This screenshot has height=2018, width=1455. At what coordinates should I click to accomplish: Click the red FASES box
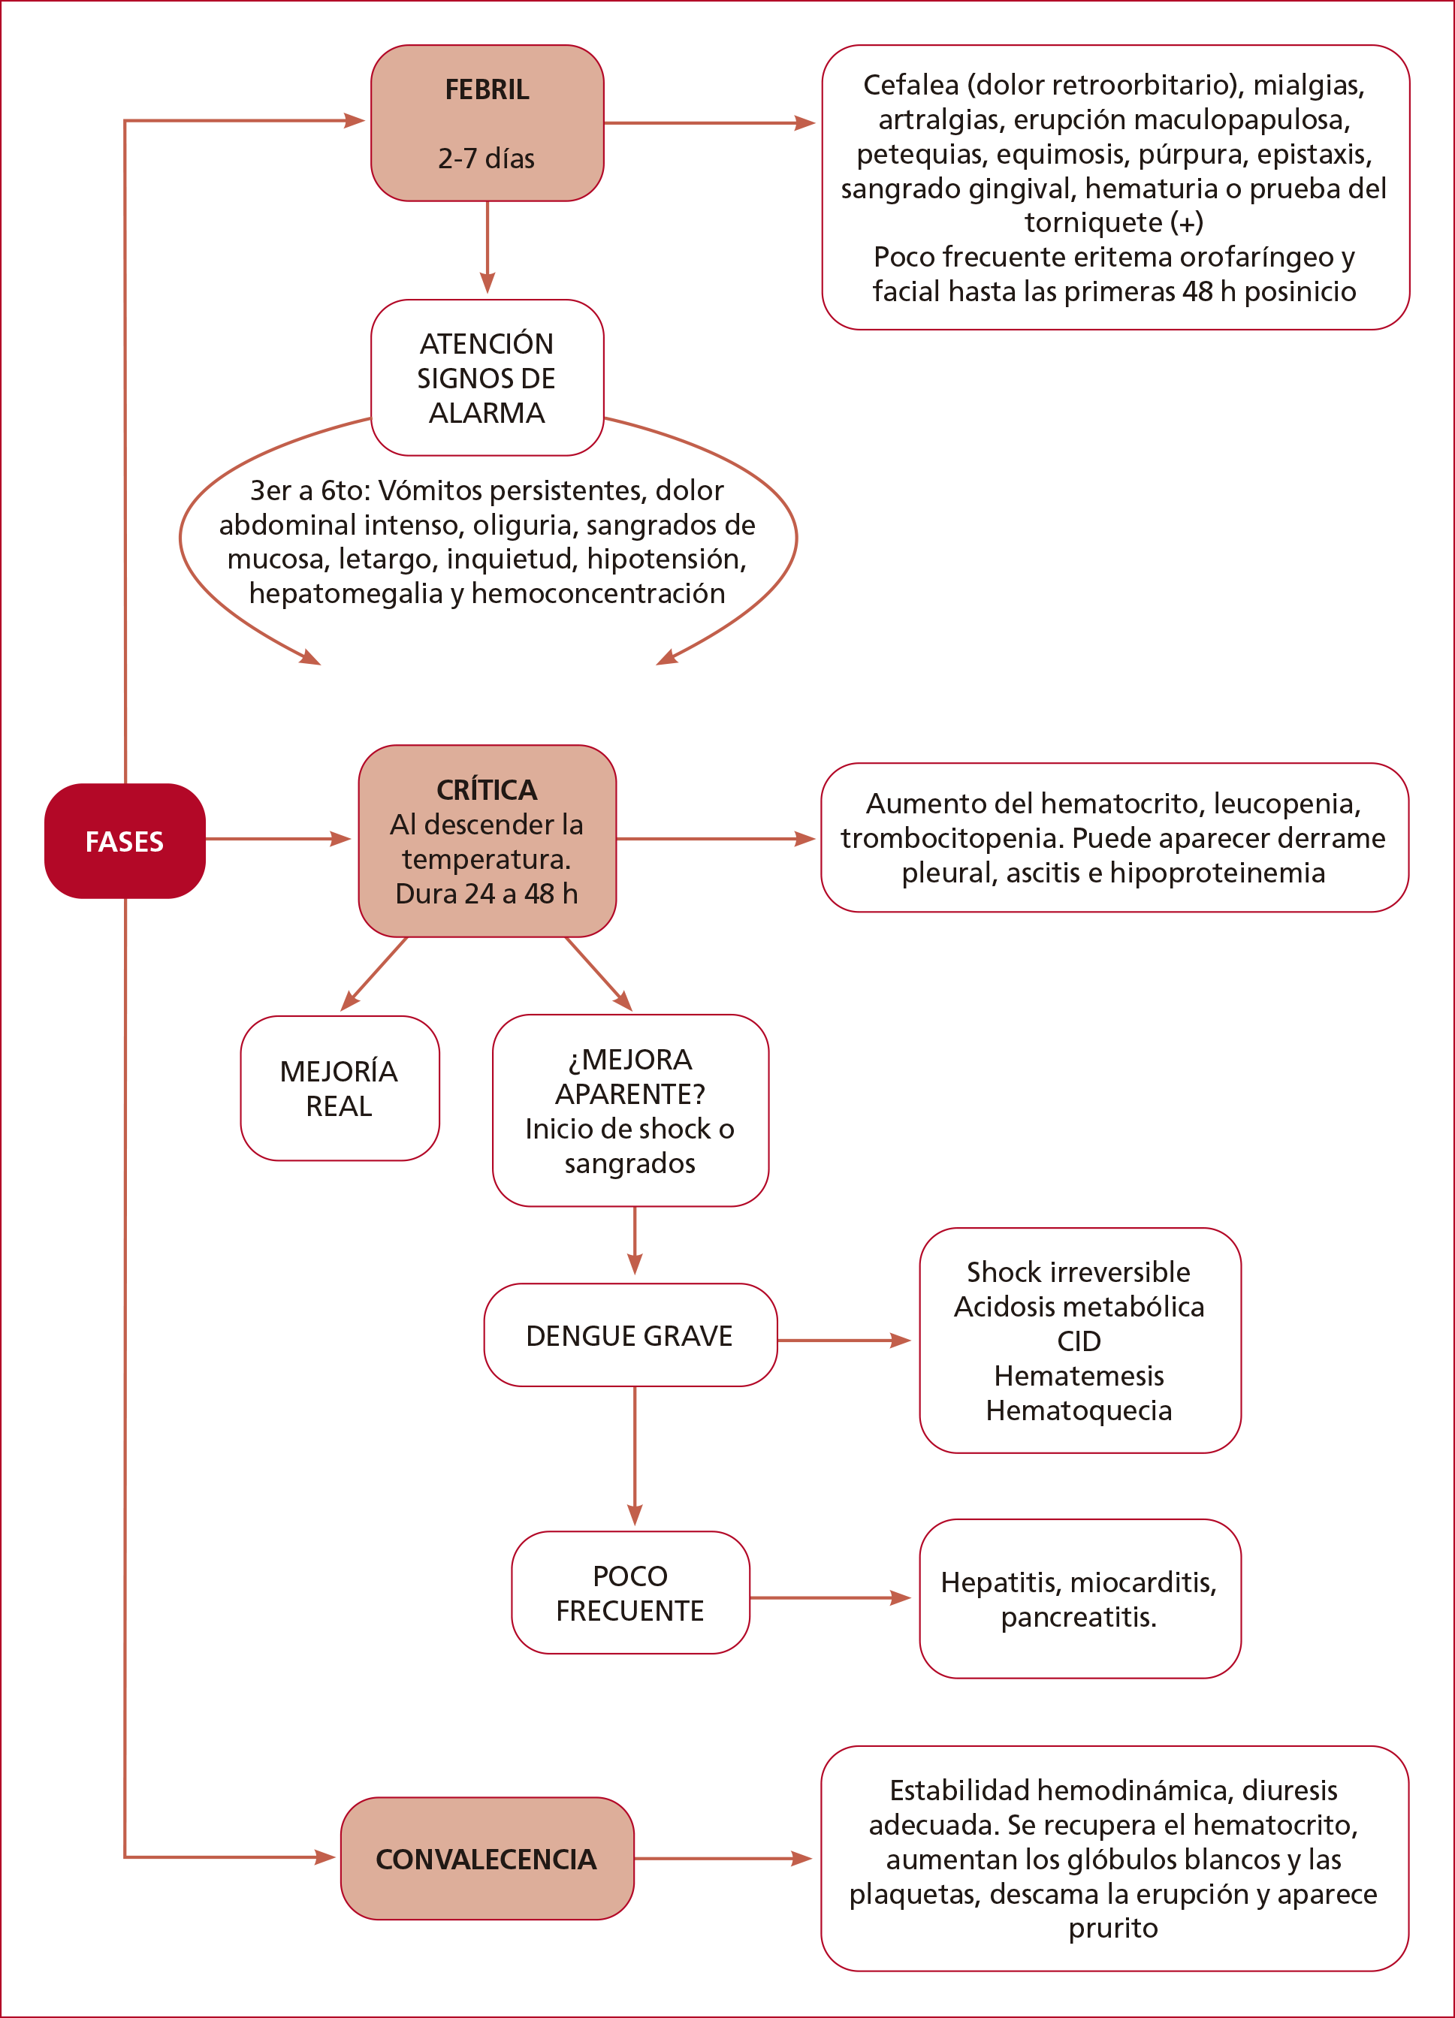click(125, 841)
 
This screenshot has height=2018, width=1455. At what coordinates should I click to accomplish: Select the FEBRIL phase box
click(487, 122)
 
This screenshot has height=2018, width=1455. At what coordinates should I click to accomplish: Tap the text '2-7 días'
click(486, 158)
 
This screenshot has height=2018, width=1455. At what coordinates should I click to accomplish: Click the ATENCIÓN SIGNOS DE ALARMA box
click(487, 379)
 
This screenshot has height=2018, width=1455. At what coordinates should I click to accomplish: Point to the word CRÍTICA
click(487, 790)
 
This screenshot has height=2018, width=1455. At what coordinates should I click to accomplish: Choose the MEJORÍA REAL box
click(339, 1088)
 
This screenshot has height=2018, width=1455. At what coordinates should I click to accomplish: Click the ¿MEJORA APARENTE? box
click(630, 1111)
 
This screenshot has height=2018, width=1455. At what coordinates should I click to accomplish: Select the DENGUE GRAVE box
click(630, 1335)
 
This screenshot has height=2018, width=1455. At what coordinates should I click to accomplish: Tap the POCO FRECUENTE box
click(630, 1593)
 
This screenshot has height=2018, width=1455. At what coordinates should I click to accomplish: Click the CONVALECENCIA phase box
click(487, 1859)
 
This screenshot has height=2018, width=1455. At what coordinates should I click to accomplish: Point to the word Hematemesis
click(1079, 1376)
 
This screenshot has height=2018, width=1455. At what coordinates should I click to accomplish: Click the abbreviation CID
click(1079, 1341)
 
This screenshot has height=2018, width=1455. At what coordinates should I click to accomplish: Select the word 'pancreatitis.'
click(1079, 1617)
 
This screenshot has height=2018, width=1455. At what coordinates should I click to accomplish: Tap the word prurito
click(1113, 1928)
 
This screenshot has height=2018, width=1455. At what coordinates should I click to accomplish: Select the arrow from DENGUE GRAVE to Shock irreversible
click(844, 1340)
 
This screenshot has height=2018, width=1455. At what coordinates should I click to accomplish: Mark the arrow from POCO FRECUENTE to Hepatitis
click(829, 1598)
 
